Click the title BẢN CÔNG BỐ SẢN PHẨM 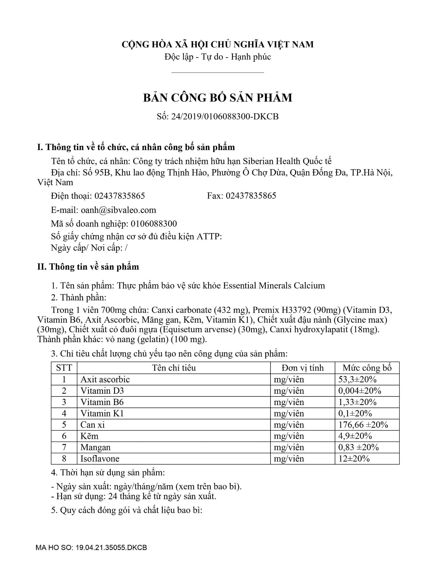pyautogui.click(x=218, y=98)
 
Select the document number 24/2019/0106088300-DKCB pyautogui.click(x=225, y=116)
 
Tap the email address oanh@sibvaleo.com pyautogui.click(x=118, y=210)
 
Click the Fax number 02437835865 pyautogui.click(x=251, y=196)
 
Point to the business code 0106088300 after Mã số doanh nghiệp pyautogui.click(x=154, y=223)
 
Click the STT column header pyautogui.click(x=64, y=368)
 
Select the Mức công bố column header pyautogui.click(x=367, y=368)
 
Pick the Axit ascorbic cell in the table pyautogui.click(x=105, y=379)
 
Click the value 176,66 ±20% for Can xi pyautogui.click(x=363, y=424)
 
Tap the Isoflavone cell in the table pyautogui.click(x=100, y=458)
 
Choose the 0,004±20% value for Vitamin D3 pyautogui.click(x=360, y=391)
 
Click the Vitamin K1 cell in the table pyautogui.click(x=102, y=413)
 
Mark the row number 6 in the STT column pyautogui.click(x=64, y=436)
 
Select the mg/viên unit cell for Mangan pyautogui.click(x=289, y=447)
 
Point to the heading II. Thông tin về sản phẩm pyautogui.click(x=88, y=267)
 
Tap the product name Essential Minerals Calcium pyautogui.click(x=274, y=285)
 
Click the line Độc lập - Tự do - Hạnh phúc pyautogui.click(x=218, y=57)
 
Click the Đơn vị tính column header pyautogui.click(x=302, y=368)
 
